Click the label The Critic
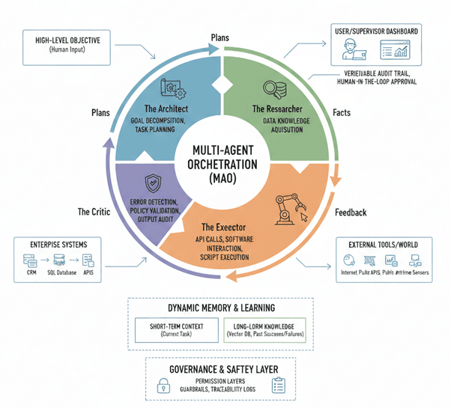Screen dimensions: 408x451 (94, 212)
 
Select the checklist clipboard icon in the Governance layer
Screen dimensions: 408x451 (279, 385)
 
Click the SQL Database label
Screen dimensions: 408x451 (62, 275)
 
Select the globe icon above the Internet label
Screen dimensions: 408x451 (348, 261)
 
